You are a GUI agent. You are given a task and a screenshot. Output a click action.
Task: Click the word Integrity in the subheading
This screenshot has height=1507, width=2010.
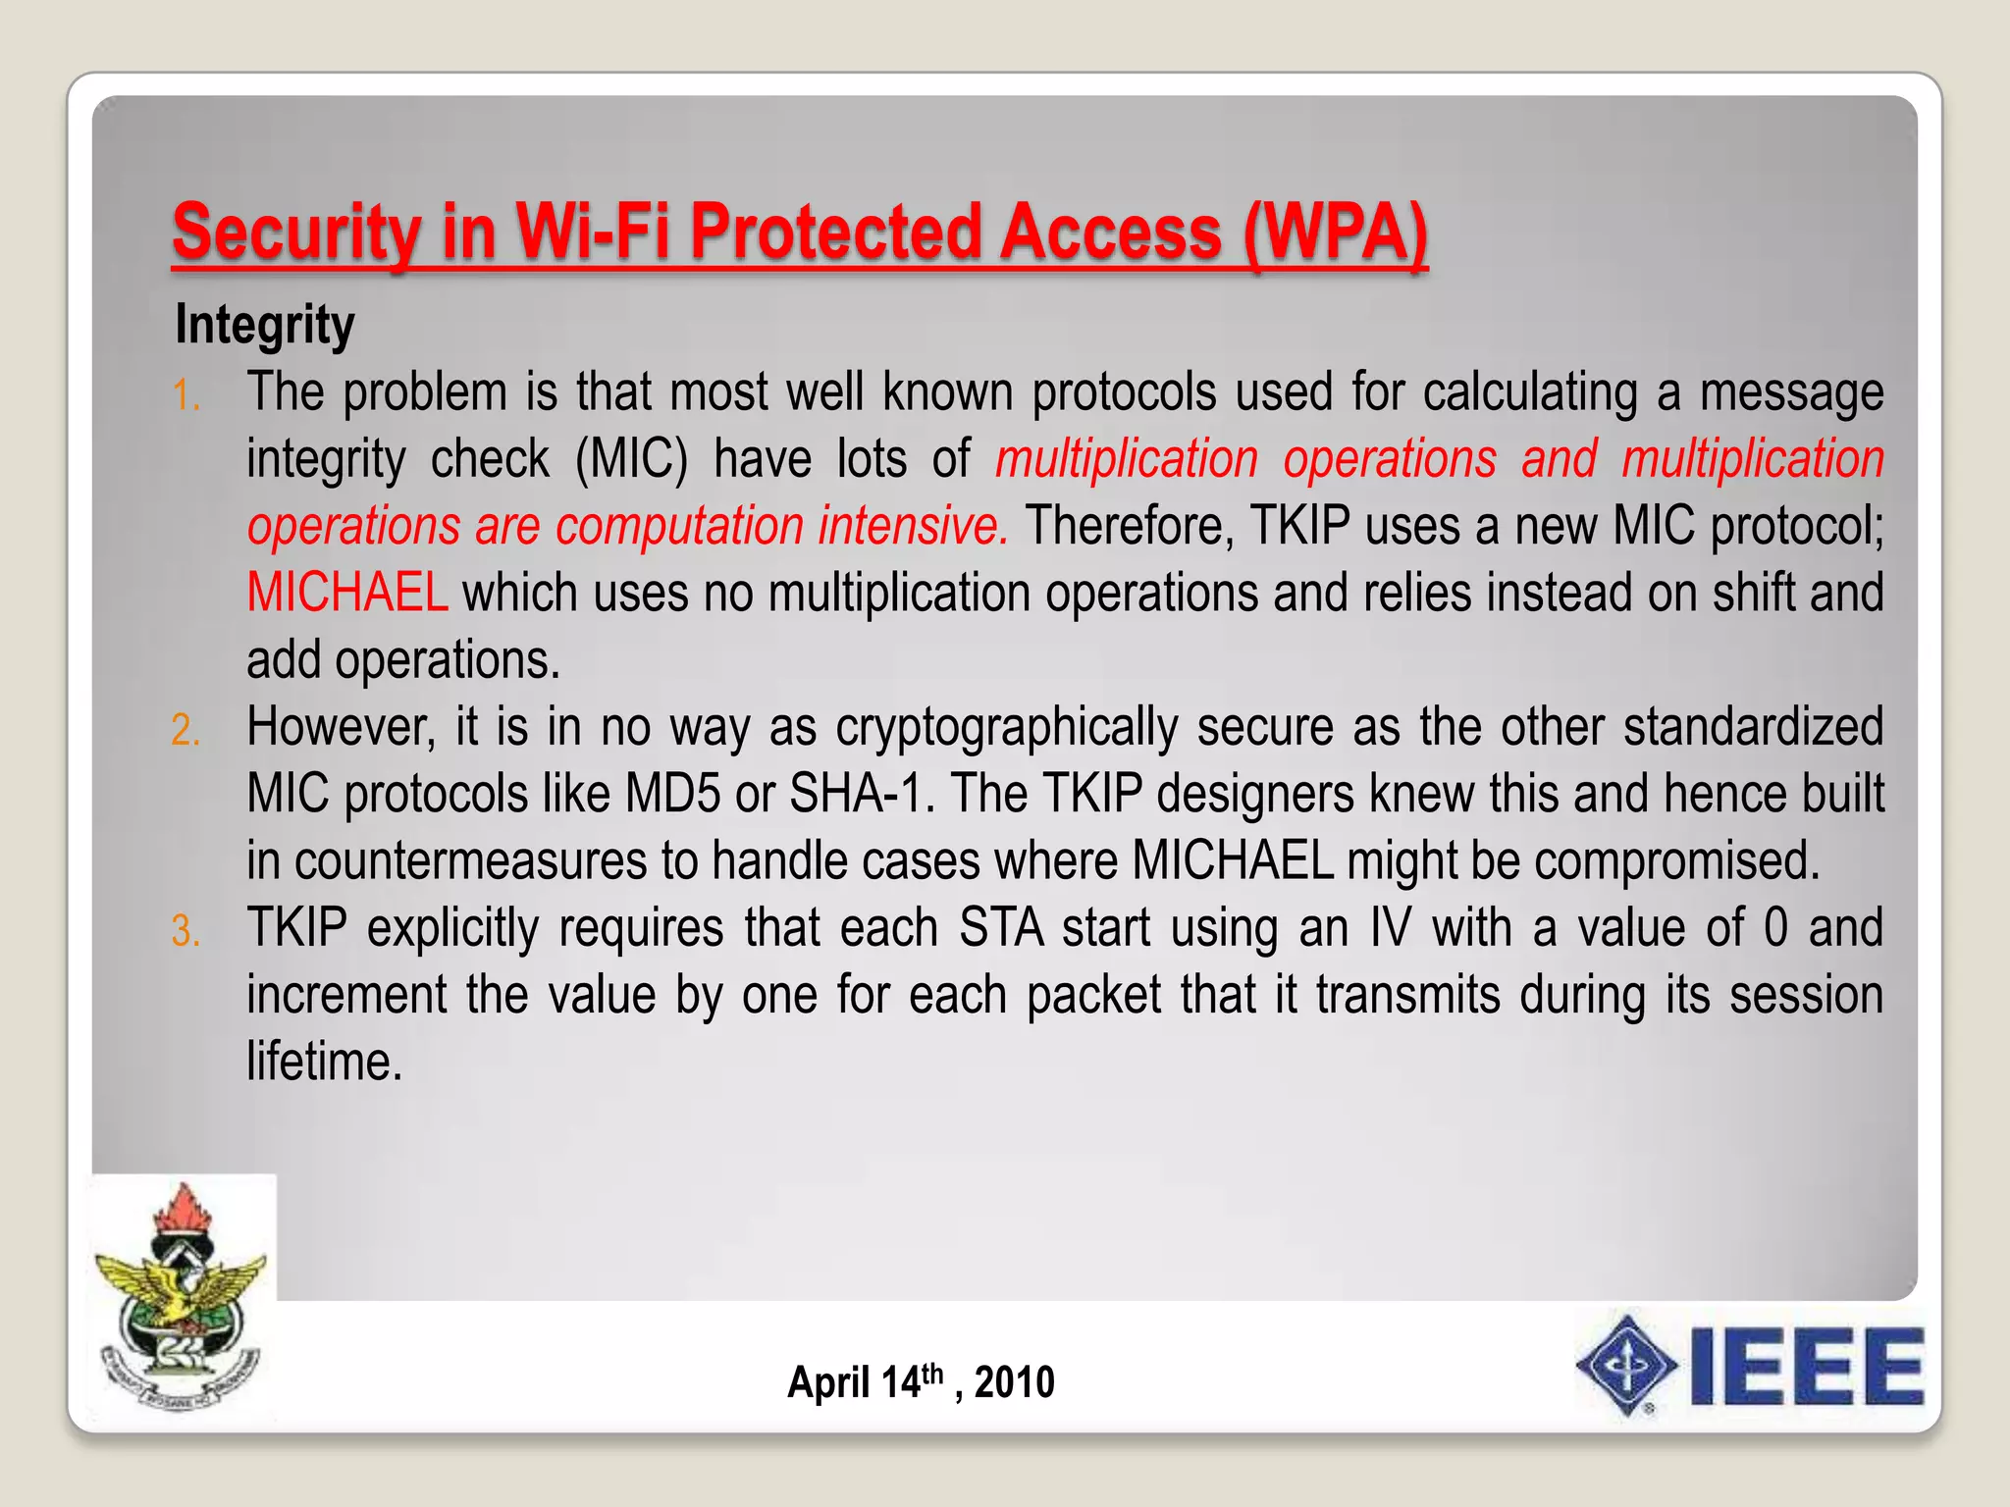[x=264, y=325]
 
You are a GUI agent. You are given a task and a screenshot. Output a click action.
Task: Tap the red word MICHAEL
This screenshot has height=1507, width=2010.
[x=347, y=593]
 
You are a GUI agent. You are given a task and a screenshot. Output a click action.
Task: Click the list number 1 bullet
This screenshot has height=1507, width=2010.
[x=185, y=396]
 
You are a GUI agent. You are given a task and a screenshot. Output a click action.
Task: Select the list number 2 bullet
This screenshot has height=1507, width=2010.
[x=185, y=731]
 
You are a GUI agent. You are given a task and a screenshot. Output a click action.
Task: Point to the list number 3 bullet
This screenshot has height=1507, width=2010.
[x=185, y=932]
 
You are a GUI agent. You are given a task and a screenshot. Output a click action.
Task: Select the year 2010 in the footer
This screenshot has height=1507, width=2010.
[x=1014, y=1382]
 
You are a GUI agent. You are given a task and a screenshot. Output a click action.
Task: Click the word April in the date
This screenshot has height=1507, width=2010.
[x=829, y=1382]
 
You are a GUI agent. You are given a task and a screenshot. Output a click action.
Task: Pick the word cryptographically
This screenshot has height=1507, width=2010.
[x=1007, y=727]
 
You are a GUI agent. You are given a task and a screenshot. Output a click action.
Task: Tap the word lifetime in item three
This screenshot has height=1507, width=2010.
[x=324, y=1062]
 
